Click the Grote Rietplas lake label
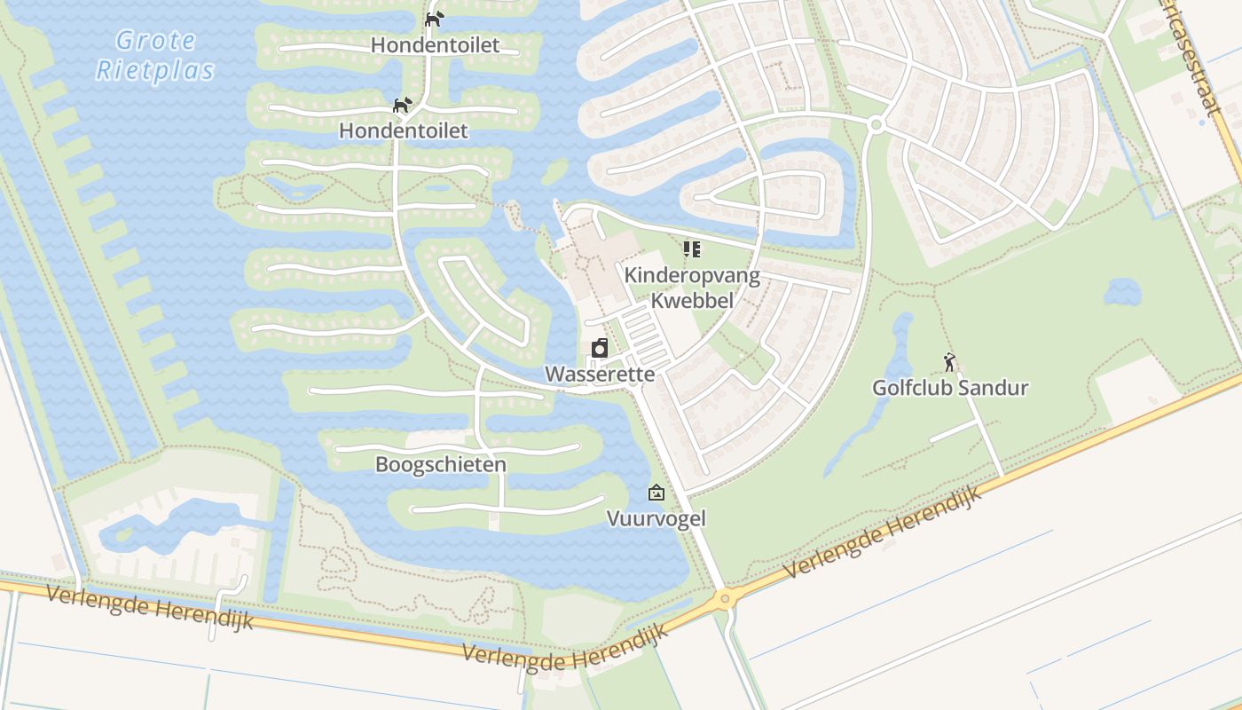tap(155, 55)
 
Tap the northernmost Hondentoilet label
tap(435, 44)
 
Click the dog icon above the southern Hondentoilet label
tap(403, 105)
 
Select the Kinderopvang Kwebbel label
tap(692, 288)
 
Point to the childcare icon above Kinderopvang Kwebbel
tap(692, 249)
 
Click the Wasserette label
tap(600, 374)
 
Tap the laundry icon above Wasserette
tap(600, 348)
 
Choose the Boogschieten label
tap(441, 464)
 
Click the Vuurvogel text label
tap(656, 518)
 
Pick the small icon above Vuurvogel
tap(656, 493)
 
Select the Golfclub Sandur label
tap(950, 388)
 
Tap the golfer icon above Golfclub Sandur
tap(950, 362)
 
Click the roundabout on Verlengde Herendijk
tap(726, 599)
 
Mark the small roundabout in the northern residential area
tap(876, 125)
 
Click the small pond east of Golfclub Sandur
tap(1123, 291)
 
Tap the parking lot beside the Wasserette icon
tap(646, 333)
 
